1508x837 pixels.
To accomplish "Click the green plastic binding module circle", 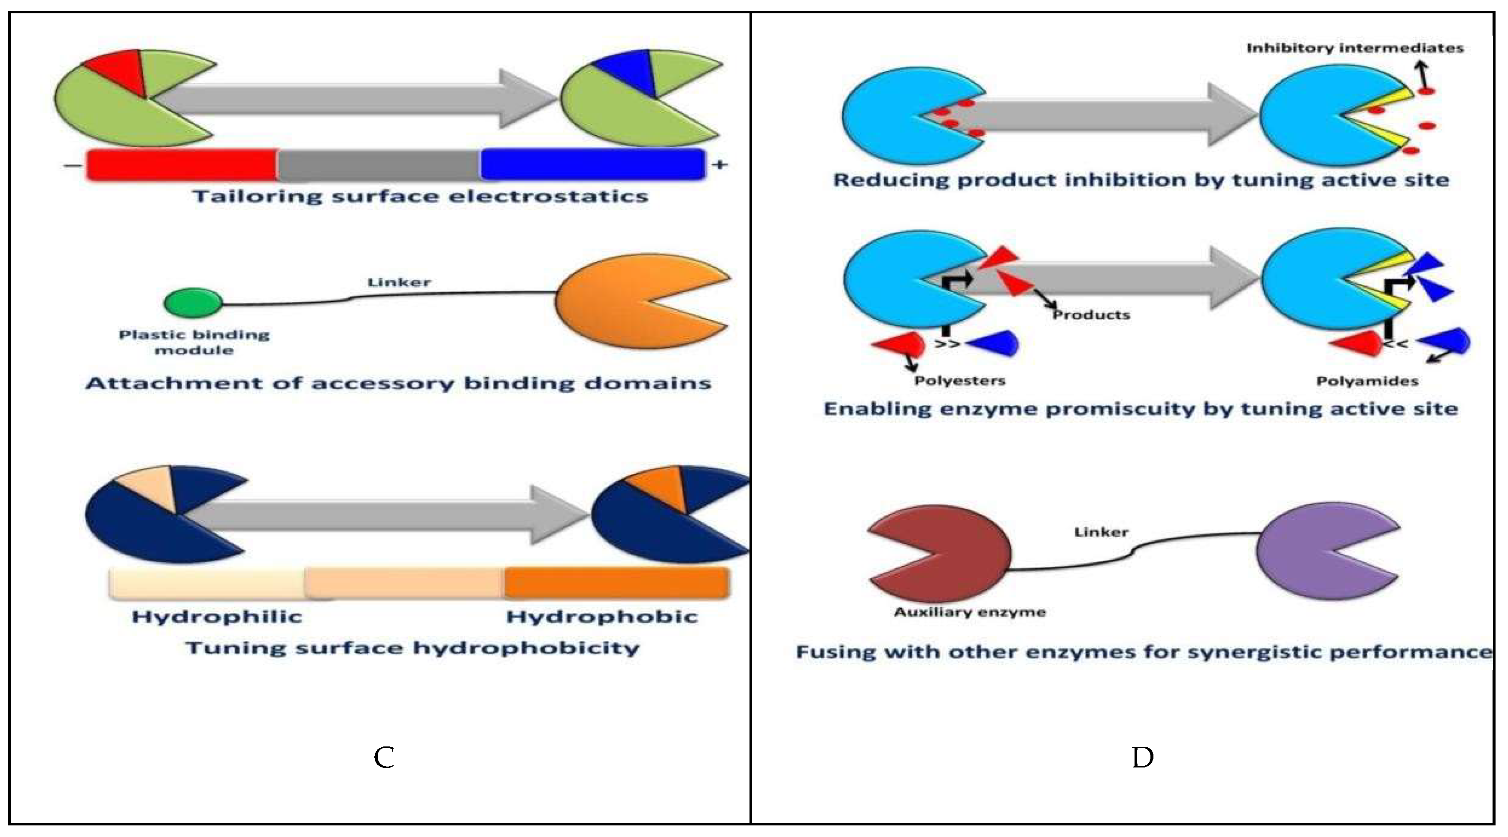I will pos(193,303).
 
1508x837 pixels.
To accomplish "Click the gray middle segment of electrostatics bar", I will pos(379,165).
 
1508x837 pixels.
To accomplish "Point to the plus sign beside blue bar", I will pos(719,165).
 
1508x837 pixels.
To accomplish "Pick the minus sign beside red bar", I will pos(73,166).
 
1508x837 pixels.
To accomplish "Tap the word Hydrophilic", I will pos(217,616).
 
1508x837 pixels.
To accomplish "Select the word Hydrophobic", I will pos(601,616).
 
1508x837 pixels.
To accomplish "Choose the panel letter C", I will pos(384,758).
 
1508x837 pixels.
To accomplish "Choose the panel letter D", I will pos(1142,758).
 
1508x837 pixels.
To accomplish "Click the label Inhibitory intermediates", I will pos(1354,48).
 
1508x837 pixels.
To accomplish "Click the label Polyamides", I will pos(1367,381).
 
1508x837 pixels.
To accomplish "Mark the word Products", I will pos(1091,315).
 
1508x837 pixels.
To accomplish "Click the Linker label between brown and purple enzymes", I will pos(1101,532).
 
